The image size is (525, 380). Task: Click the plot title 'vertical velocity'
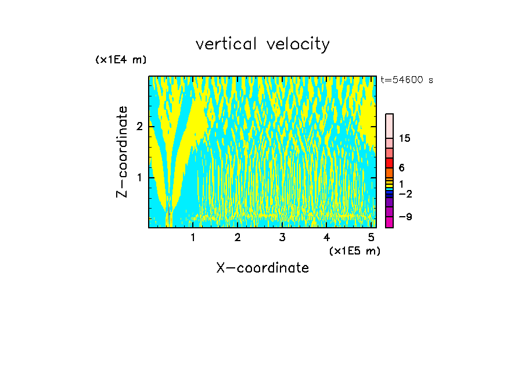[262, 44]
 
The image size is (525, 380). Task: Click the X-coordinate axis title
[262, 268]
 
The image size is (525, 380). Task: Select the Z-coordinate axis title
[122, 152]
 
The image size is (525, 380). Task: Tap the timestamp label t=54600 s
[407, 80]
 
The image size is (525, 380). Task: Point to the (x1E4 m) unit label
[121, 60]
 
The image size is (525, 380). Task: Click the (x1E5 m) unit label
[354, 250]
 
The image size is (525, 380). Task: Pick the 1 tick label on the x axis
[193, 238]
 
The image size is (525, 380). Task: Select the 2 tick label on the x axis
[238, 238]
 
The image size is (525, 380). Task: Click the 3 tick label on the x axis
[282, 238]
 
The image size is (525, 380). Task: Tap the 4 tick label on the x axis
[326, 238]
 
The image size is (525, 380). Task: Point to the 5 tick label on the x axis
[371, 238]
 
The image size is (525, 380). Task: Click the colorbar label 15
[405, 138]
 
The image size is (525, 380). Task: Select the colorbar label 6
[402, 168]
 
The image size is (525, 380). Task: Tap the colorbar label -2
[405, 193]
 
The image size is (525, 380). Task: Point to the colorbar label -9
[405, 217]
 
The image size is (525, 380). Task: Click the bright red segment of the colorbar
[390, 163]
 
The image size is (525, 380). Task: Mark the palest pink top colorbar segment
[390, 126]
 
